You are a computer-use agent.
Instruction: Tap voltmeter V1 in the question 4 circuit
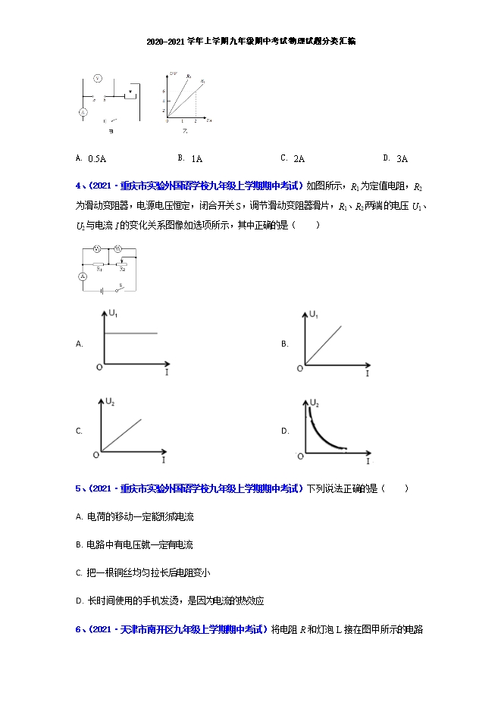click(97, 249)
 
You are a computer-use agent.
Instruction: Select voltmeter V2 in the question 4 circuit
click(118, 249)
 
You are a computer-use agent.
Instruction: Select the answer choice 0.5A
click(97, 159)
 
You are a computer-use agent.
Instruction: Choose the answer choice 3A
click(402, 159)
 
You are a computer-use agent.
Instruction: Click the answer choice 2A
click(299, 159)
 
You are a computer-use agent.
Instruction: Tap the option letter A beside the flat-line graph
click(79, 344)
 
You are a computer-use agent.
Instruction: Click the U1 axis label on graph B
click(314, 313)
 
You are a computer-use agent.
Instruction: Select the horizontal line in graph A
click(130, 333)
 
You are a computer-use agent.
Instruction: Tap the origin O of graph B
click(300, 368)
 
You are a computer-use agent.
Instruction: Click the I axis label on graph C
click(164, 460)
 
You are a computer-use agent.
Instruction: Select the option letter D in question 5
click(79, 600)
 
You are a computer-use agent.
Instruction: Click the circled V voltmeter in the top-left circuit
click(98, 79)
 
